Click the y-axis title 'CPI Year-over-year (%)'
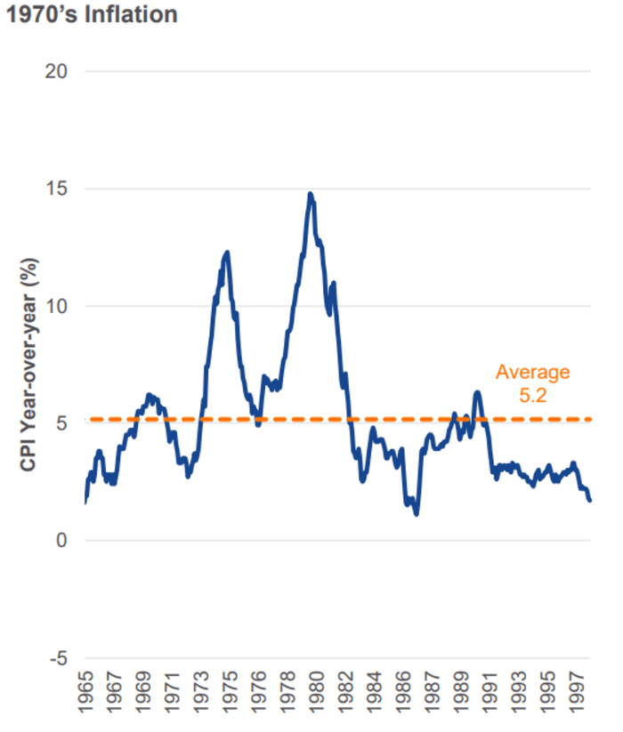(x=29, y=366)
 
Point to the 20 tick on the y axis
(x=58, y=71)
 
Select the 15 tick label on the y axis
(x=58, y=189)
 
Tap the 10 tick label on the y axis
(x=58, y=306)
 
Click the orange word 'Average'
(x=532, y=372)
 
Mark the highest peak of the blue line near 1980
(x=310, y=193)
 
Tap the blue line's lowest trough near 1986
(x=416, y=514)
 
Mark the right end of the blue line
(x=589, y=500)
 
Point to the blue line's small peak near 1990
(x=477, y=392)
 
